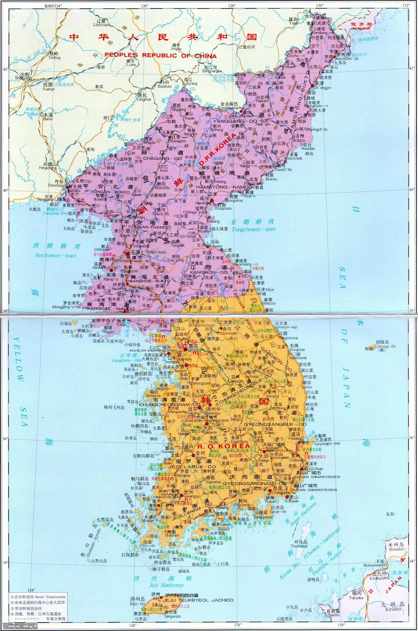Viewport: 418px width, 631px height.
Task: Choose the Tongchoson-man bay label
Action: (x=254, y=229)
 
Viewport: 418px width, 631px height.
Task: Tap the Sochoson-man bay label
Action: (x=56, y=255)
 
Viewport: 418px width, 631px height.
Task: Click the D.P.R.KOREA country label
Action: (x=218, y=149)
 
